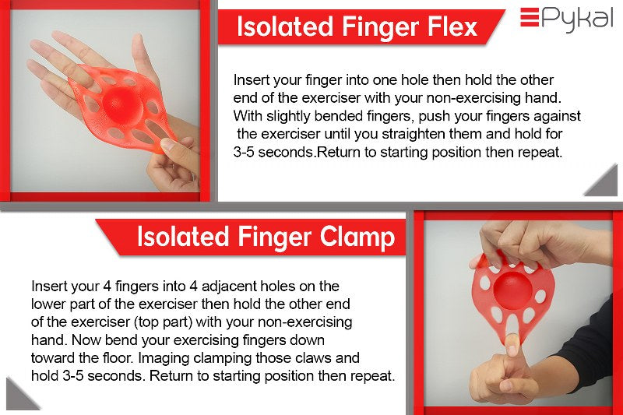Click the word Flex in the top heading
[x=452, y=27]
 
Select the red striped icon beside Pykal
[x=530, y=17]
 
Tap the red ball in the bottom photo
[x=512, y=290]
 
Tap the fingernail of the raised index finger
[x=512, y=345]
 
